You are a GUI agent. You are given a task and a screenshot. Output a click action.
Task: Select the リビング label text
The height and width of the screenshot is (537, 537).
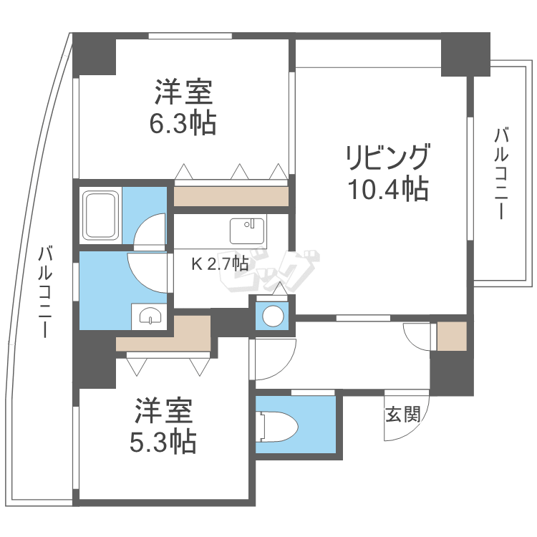click(387, 158)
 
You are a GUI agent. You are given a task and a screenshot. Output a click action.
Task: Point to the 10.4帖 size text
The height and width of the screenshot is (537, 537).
click(388, 188)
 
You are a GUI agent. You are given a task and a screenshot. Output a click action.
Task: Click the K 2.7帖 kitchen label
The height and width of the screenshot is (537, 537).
click(220, 263)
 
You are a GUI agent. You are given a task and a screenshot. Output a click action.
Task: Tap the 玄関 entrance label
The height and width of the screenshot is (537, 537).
click(402, 415)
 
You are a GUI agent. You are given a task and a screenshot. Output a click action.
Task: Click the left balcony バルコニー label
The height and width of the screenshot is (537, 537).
click(45, 292)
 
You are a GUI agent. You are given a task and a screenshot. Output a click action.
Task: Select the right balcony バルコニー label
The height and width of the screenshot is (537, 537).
click(501, 173)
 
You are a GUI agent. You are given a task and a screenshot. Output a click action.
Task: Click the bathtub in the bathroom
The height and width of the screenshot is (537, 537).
click(102, 215)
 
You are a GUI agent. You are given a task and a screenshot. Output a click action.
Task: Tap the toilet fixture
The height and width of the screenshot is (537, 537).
click(276, 427)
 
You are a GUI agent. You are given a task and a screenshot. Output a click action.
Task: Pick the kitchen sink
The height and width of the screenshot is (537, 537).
click(247, 231)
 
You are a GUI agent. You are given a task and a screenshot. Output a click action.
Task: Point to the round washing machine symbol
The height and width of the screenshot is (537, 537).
click(273, 316)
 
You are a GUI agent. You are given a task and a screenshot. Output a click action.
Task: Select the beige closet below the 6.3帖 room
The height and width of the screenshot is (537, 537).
click(231, 196)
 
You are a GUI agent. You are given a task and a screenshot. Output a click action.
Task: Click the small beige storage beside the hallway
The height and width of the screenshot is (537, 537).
click(452, 336)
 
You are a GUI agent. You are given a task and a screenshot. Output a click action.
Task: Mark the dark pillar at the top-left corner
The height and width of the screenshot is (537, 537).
click(95, 54)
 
